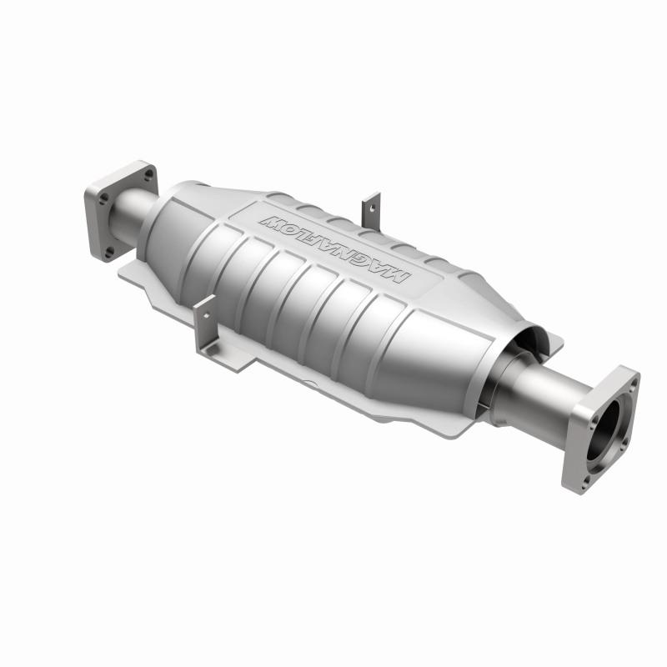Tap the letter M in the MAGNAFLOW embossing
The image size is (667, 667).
click(x=397, y=274)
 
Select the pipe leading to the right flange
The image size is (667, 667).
click(x=542, y=392)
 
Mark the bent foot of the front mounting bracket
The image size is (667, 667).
click(x=219, y=350)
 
